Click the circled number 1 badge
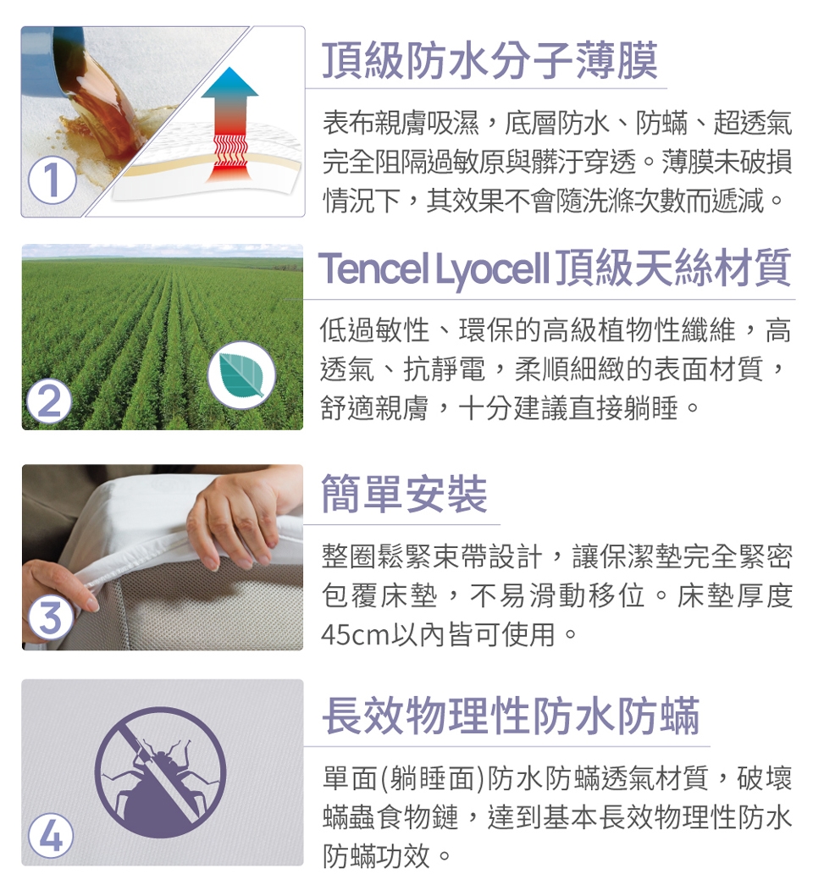pyautogui.click(x=52, y=180)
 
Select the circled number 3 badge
pyautogui.click(x=50, y=617)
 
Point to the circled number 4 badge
pyautogui.click(x=51, y=836)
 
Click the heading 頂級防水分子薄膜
pyautogui.click(x=491, y=61)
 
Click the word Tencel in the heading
pyautogui.click(x=375, y=268)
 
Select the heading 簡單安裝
pyautogui.click(x=404, y=494)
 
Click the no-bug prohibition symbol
pyautogui.click(x=161, y=772)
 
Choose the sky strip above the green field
pyautogui.click(x=163, y=251)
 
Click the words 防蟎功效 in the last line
pyautogui.click(x=376, y=855)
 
